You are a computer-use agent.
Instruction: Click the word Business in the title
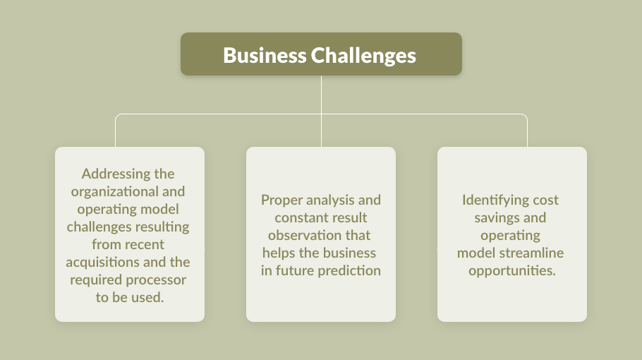click(x=265, y=55)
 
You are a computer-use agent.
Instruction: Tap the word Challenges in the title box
click(x=363, y=56)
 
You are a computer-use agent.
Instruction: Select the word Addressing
click(x=116, y=174)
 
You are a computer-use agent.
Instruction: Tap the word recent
click(x=144, y=244)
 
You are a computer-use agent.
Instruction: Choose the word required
click(x=96, y=280)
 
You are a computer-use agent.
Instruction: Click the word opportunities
click(x=512, y=271)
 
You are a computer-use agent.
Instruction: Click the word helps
click(x=279, y=253)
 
